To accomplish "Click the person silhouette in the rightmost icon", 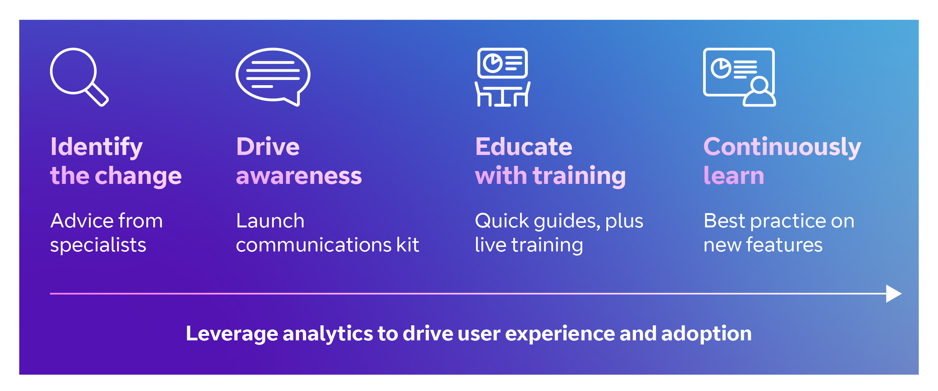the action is (x=760, y=92).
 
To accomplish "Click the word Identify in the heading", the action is (x=96, y=147).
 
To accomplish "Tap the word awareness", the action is (x=299, y=176).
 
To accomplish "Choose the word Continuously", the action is (x=782, y=147).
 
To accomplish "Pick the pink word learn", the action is (x=734, y=175).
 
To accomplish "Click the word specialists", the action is (x=98, y=245).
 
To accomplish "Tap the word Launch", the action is (x=270, y=221).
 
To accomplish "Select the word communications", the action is (x=313, y=245).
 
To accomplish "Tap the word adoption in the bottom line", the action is (x=707, y=334).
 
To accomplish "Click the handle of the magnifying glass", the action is (x=98, y=95).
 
